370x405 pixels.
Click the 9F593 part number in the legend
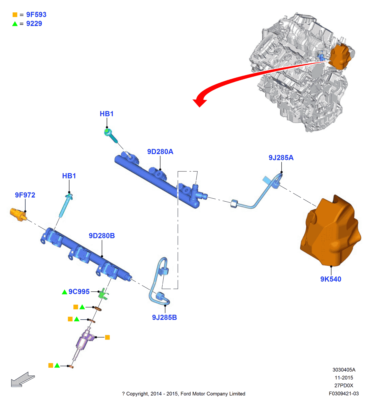(x=36, y=15)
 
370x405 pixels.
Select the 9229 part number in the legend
(x=34, y=24)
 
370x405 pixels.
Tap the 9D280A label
(x=160, y=152)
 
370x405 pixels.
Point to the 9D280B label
(x=102, y=236)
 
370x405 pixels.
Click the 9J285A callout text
(x=281, y=158)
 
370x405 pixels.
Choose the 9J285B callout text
(x=164, y=318)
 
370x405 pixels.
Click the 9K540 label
(x=331, y=279)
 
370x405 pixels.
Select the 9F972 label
(x=25, y=195)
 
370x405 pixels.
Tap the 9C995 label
(x=79, y=292)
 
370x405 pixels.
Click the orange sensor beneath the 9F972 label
(x=18, y=215)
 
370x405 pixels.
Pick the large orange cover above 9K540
(x=330, y=232)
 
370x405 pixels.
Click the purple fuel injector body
(x=84, y=340)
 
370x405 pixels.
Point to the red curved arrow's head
(x=200, y=102)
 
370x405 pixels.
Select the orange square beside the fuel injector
(x=107, y=338)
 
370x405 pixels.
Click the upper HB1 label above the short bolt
(x=107, y=114)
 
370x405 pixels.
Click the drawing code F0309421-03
(x=344, y=394)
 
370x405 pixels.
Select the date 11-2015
(x=344, y=378)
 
